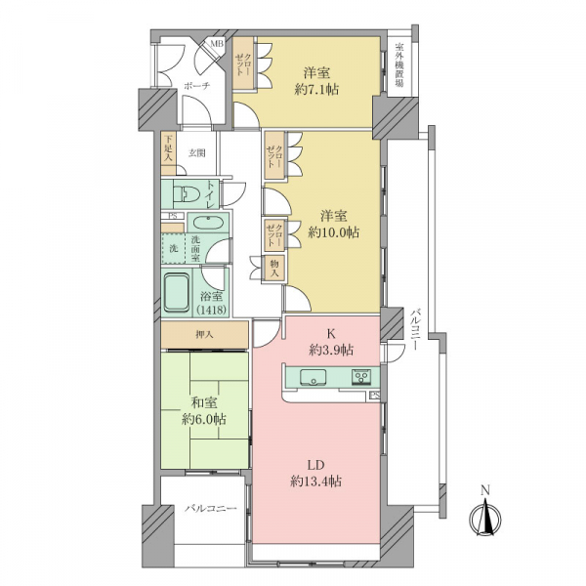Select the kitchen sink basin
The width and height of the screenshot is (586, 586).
pyautogui.click(x=313, y=376)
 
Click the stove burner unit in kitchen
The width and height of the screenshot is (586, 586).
pyautogui.click(x=361, y=376)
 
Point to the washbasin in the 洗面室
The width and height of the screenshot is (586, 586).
pyautogui.click(x=208, y=223)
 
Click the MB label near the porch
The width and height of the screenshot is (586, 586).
pyautogui.click(x=217, y=44)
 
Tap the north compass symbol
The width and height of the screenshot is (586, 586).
pyautogui.click(x=485, y=516)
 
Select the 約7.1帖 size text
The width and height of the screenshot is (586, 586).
pyautogui.click(x=316, y=90)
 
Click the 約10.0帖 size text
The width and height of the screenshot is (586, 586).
pyautogui.click(x=333, y=232)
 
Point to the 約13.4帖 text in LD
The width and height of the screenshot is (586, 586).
pyautogui.click(x=315, y=481)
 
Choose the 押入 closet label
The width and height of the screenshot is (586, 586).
pyautogui.click(x=204, y=334)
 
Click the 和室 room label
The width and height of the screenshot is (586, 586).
pyautogui.click(x=204, y=403)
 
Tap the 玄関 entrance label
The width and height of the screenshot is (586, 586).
pyautogui.click(x=196, y=153)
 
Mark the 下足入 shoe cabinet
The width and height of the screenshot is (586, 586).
pyautogui.click(x=169, y=149)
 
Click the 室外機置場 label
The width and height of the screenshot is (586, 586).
pyautogui.click(x=399, y=65)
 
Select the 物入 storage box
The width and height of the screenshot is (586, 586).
pyautogui.click(x=274, y=268)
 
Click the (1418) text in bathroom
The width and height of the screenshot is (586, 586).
pyautogui.click(x=211, y=310)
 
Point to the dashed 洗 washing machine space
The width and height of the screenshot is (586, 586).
pyautogui.click(x=174, y=248)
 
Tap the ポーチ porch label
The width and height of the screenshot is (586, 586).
pyautogui.click(x=196, y=86)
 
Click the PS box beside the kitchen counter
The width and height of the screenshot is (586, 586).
pyautogui.click(x=375, y=395)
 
